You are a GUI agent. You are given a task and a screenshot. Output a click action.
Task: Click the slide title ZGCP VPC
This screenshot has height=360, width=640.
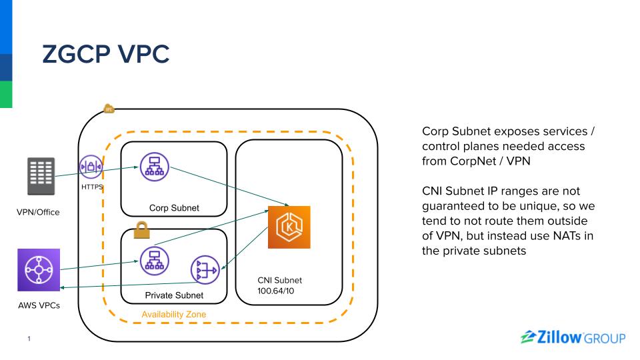(x=105, y=55)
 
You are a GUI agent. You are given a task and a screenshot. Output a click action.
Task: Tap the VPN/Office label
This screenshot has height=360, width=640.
(x=38, y=212)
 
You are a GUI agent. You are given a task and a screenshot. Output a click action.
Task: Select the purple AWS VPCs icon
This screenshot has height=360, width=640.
(x=39, y=270)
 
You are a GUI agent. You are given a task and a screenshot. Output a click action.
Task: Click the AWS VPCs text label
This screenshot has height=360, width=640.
(x=39, y=306)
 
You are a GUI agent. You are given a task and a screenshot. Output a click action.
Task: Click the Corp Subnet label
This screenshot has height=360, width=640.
(x=174, y=208)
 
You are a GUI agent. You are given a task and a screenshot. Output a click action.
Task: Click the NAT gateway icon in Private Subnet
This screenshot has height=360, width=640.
(x=204, y=270)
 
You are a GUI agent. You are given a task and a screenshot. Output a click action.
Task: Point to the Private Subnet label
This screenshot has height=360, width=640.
(x=174, y=295)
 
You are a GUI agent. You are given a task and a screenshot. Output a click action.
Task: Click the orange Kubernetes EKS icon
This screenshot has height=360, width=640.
(x=289, y=227)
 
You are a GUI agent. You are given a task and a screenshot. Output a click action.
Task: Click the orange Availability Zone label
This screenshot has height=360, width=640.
(x=174, y=314)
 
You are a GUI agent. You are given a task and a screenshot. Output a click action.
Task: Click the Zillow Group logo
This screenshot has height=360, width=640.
(x=571, y=338)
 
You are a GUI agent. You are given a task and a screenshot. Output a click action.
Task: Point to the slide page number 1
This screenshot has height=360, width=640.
(x=29, y=339)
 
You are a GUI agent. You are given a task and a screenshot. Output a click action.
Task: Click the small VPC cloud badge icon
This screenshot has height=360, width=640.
(x=109, y=109)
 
